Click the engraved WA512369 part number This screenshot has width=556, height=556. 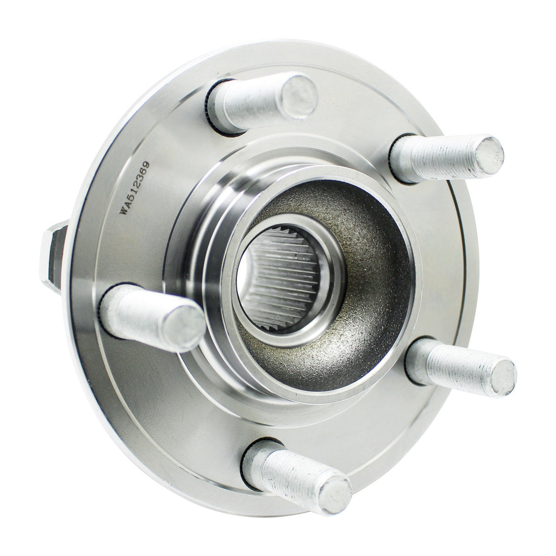(x=134, y=188)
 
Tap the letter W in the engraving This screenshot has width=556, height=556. (x=124, y=210)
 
